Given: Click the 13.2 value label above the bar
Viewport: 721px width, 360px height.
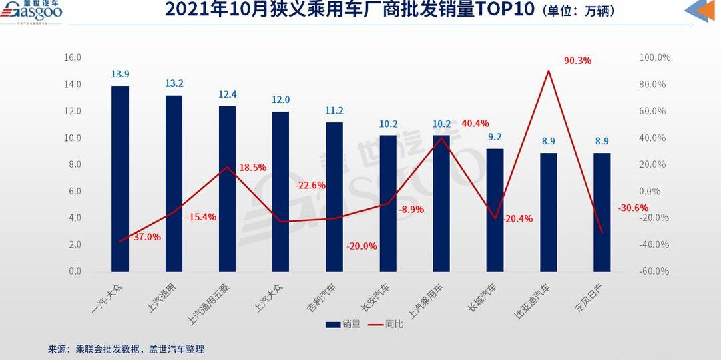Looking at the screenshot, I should [x=174, y=83].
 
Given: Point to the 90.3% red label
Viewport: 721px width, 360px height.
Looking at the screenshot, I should [x=577, y=61].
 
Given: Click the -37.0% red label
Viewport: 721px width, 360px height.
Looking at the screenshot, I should [x=145, y=237].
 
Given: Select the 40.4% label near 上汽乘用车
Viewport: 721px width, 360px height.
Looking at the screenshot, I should [x=475, y=124].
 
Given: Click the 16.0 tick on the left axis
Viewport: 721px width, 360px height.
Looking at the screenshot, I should [x=72, y=58].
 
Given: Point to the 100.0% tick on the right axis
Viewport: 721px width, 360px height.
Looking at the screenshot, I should [x=654, y=58].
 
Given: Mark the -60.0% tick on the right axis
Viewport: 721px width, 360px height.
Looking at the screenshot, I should [x=654, y=271].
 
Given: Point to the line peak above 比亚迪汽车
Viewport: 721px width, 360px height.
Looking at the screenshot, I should [x=548, y=71].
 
